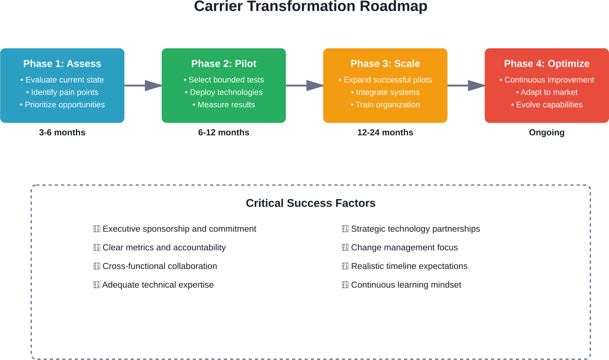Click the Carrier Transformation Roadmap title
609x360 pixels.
(x=310, y=7)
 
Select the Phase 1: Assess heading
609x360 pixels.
(x=62, y=64)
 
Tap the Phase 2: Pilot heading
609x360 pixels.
(x=224, y=64)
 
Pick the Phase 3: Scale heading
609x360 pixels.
(x=385, y=64)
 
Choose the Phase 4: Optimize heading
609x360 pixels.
(x=547, y=64)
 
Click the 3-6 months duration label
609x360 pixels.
(x=62, y=132)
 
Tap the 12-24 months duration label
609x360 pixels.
(x=385, y=132)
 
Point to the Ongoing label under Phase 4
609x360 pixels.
(x=547, y=132)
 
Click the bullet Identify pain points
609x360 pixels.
(x=62, y=92)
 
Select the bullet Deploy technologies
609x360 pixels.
(x=224, y=92)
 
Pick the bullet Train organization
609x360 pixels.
(x=385, y=105)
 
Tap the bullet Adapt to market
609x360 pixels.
(x=547, y=92)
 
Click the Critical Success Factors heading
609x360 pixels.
(x=310, y=203)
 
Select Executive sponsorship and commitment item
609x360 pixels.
(x=179, y=229)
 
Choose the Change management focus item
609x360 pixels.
(x=404, y=248)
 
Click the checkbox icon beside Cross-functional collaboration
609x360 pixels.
(x=97, y=266)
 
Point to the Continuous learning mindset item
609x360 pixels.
(x=406, y=285)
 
